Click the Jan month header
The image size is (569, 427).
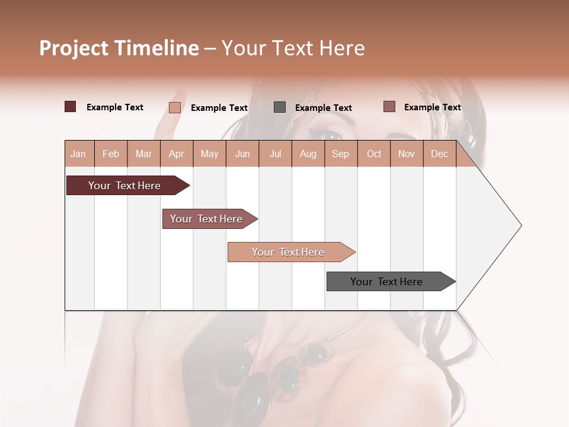pos(79,154)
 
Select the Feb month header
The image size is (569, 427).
pos(111,154)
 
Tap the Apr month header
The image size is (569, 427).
pos(177,154)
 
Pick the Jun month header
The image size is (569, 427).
pos(242,154)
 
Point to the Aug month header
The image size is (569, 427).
pos(308,154)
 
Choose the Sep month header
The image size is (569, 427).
pos(341,154)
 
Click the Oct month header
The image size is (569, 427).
pos(374,154)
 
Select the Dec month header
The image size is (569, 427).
pos(440,154)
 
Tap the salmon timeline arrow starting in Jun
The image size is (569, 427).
pos(289,252)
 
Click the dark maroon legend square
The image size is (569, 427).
pos(71,107)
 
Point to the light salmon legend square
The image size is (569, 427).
pos(175,107)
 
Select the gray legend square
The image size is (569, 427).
pos(280,107)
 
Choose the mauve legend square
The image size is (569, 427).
pos(389,107)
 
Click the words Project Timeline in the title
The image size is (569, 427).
pos(119,48)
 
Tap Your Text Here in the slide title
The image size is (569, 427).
pos(293,48)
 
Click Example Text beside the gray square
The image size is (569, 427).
pos(324,108)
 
